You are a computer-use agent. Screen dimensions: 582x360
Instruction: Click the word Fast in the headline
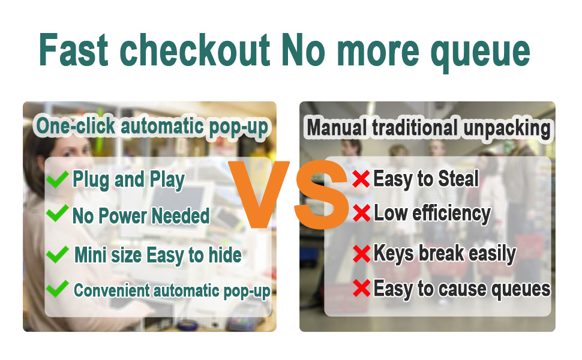point(73,50)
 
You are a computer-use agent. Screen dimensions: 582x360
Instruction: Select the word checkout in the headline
point(194,50)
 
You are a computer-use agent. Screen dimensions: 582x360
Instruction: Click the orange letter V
point(259,194)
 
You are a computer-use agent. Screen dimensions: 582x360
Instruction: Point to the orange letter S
point(322,194)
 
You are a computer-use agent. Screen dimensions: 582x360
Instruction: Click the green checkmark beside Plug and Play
point(58,179)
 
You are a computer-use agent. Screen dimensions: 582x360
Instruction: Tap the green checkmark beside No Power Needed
point(58,214)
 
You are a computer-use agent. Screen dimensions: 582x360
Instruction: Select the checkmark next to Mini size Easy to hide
point(58,254)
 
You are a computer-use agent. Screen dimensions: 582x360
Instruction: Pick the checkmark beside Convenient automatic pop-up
point(58,289)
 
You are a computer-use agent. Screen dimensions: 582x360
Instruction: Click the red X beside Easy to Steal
point(361,179)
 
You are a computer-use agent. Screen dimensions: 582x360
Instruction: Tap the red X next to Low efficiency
point(361,213)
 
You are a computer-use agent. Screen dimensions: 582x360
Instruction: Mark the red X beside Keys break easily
point(361,254)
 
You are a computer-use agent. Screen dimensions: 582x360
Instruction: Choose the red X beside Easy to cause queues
point(361,288)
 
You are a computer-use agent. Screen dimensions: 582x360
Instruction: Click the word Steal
point(458,179)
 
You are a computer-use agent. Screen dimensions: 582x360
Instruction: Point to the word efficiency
point(451,214)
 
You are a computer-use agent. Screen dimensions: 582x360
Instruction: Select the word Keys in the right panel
point(394,254)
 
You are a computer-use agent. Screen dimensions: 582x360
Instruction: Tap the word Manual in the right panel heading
point(337,128)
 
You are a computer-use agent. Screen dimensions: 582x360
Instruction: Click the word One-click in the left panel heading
point(76,125)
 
